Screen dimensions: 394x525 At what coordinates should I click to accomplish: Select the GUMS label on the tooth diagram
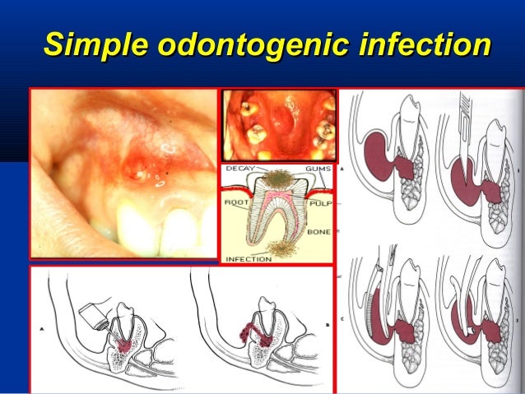(316, 168)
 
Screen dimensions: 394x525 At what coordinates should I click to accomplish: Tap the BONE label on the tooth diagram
(318, 232)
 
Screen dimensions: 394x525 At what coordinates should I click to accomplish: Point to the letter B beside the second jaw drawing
(328, 326)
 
